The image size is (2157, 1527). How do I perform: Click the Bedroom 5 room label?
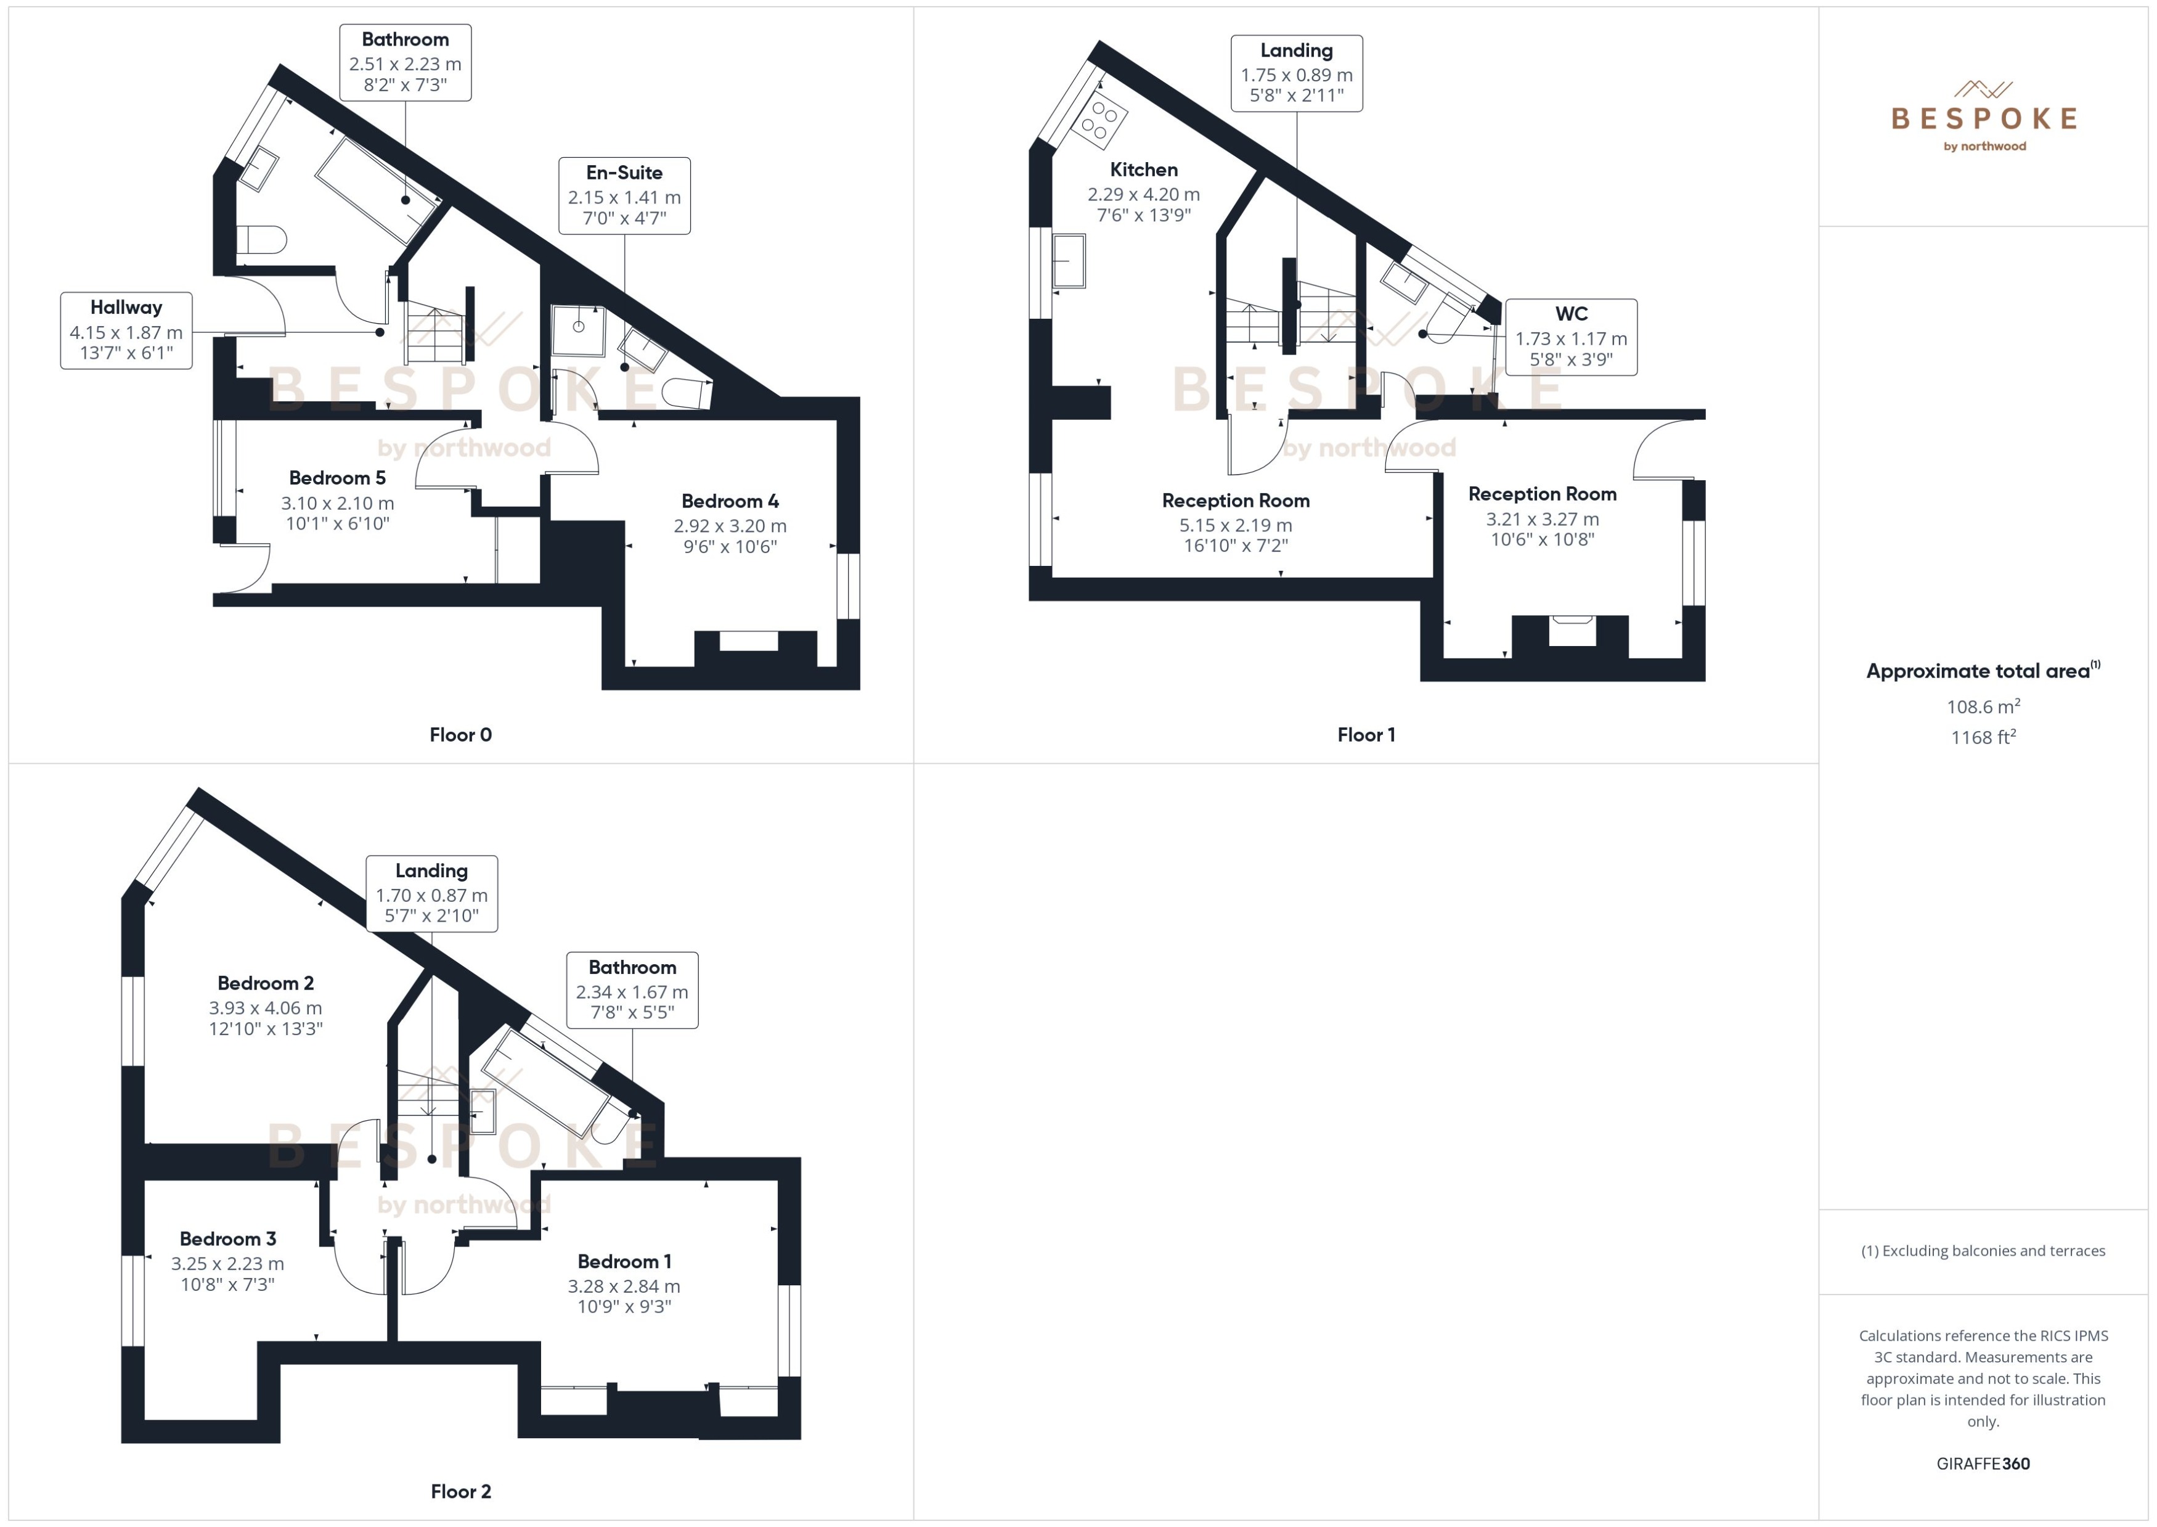[x=336, y=478]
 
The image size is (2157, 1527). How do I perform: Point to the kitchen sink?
[x=1069, y=260]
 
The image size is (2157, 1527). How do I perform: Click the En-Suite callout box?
[x=624, y=195]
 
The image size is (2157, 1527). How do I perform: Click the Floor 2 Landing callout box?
[x=431, y=893]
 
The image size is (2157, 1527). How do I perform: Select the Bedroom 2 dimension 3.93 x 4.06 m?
[x=265, y=1008]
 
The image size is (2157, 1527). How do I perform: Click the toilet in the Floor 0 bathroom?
[x=259, y=240]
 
